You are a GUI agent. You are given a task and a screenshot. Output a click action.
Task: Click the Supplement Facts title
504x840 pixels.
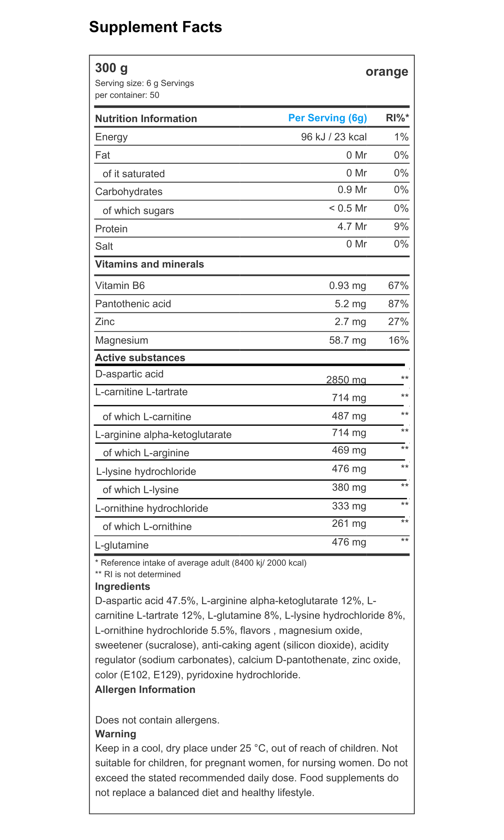(x=155, y=27)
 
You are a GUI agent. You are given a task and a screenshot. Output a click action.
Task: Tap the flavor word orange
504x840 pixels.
(x=387, y=72)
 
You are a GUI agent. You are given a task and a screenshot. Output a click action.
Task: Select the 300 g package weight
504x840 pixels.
(x=111, y=68)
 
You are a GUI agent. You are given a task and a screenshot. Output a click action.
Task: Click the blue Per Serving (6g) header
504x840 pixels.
(x=327, y=118)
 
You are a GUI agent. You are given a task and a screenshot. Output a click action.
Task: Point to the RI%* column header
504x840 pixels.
(x=397, y=118)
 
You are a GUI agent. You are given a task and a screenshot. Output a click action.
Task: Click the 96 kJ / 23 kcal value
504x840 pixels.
(x=334, y=137)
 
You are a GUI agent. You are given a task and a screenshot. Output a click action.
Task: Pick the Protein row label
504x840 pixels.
(x=111, y=229)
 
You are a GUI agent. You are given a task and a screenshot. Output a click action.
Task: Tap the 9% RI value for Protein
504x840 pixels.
(x=401, y=226)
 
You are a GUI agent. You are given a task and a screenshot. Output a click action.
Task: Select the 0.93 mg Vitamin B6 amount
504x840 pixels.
(x=347, y=285)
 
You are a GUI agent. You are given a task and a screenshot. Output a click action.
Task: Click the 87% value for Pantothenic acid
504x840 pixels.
(x=398, y=304)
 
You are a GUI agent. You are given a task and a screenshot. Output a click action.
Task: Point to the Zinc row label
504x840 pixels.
(x=105, y=321)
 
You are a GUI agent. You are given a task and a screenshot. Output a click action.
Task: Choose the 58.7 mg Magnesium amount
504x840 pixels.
(x=347, y=340)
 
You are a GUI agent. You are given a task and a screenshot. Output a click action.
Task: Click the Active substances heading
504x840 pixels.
(x=140, y=358)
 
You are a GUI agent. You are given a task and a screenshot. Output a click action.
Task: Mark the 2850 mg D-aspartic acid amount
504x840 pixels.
(x=346, y=380)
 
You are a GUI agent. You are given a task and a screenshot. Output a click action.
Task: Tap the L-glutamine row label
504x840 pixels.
(x=122, y=545)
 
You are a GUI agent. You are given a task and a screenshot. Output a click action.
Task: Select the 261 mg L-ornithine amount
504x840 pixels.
(x=349, y=524)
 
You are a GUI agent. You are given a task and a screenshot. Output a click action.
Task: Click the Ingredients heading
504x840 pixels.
(x=122, y=586)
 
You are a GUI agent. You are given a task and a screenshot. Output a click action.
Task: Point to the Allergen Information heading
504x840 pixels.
(x=145, y=689)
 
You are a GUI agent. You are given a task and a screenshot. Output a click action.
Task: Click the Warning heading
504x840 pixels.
(x=116, y=734)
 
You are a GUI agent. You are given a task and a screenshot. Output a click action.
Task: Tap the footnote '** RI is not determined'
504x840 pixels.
(x=138, y=574)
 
